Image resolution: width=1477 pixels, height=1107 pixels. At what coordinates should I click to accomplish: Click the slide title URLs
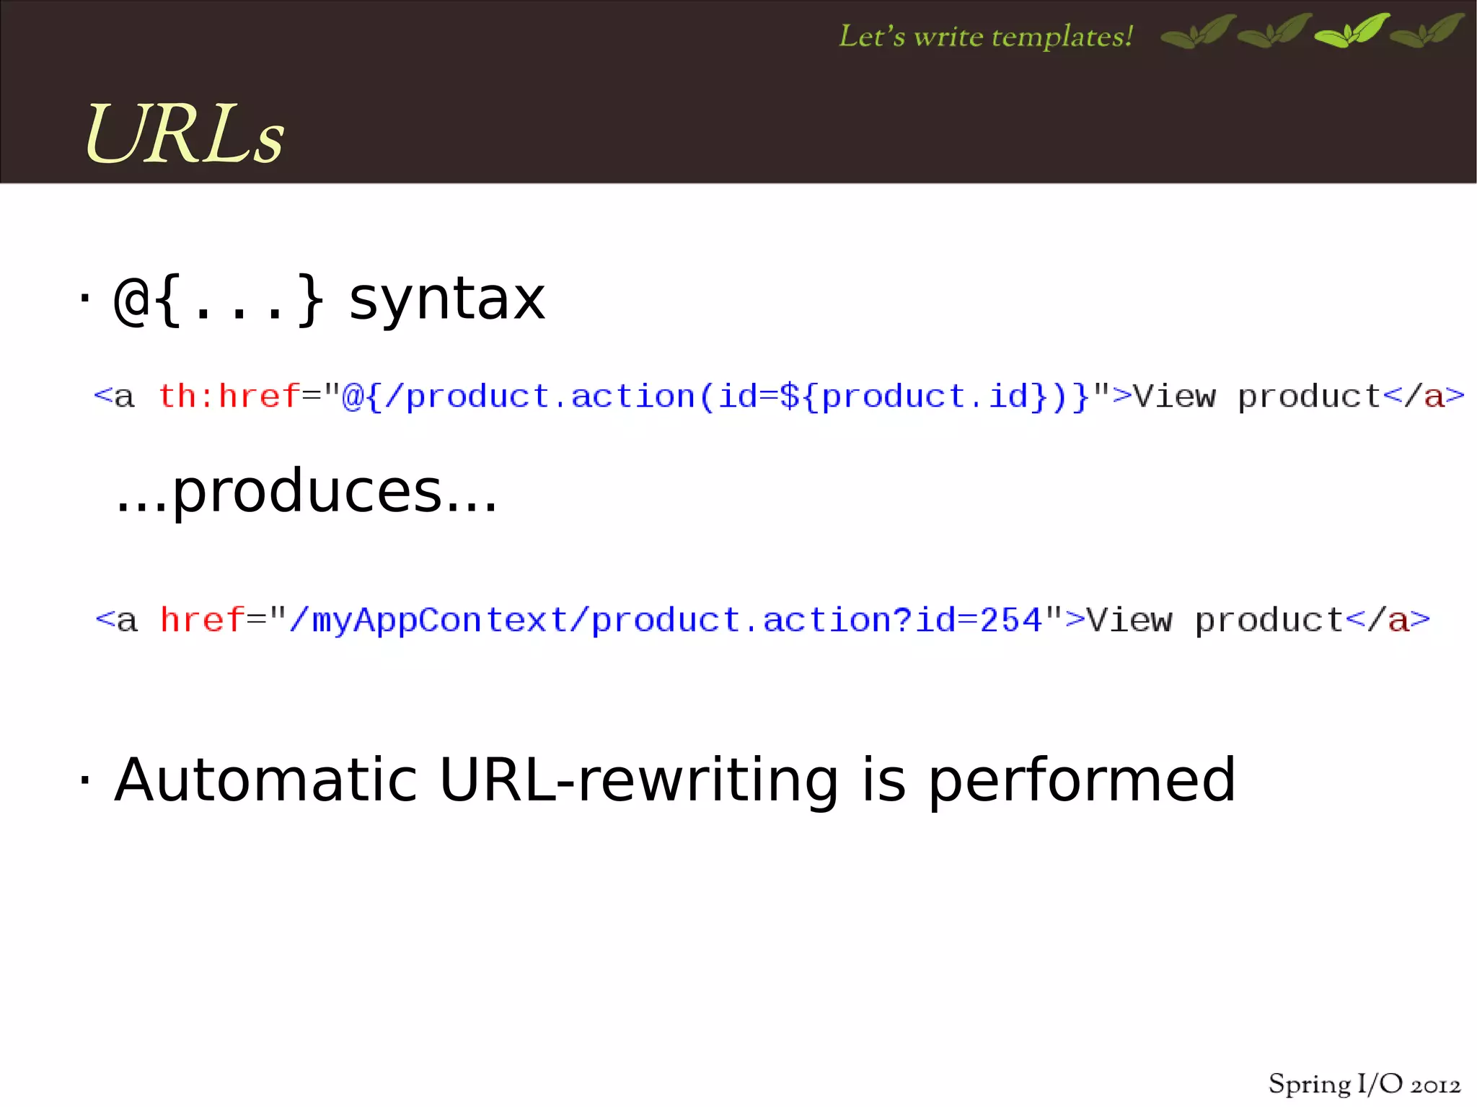pyautogui.click(x=185, y=134)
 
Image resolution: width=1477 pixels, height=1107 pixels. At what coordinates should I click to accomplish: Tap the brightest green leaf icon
pyautogui.click(x=1352, y=31)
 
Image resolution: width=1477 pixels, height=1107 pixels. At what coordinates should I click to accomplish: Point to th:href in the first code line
pyautogui.click(x=229, y=396)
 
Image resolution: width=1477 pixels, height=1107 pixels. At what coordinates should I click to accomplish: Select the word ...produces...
pyautogui.click(x=307, y=493)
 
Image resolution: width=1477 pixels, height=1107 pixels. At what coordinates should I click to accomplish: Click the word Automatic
pyautogui.click(x=266, y=780)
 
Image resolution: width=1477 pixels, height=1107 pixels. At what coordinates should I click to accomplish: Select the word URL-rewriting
pyautogui.click(x=638, y=780)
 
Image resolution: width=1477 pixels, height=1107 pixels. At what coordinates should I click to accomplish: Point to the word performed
pyautogui.click(x=1082, y=780)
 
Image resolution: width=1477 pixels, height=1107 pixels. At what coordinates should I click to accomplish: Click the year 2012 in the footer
pyautogui.click(x=1435, y=1085)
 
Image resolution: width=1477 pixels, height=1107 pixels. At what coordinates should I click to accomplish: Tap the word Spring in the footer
pyautogui.click(x=1310, y=1085)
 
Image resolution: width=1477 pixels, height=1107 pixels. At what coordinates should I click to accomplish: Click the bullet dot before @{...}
pyautogui.click(x=85, y=296)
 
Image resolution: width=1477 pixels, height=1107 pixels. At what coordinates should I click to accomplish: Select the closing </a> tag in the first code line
pyautogui.click(x=1424, y=396)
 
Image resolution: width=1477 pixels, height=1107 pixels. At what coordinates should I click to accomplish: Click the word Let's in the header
pyautogui.click(x=872, y=37)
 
